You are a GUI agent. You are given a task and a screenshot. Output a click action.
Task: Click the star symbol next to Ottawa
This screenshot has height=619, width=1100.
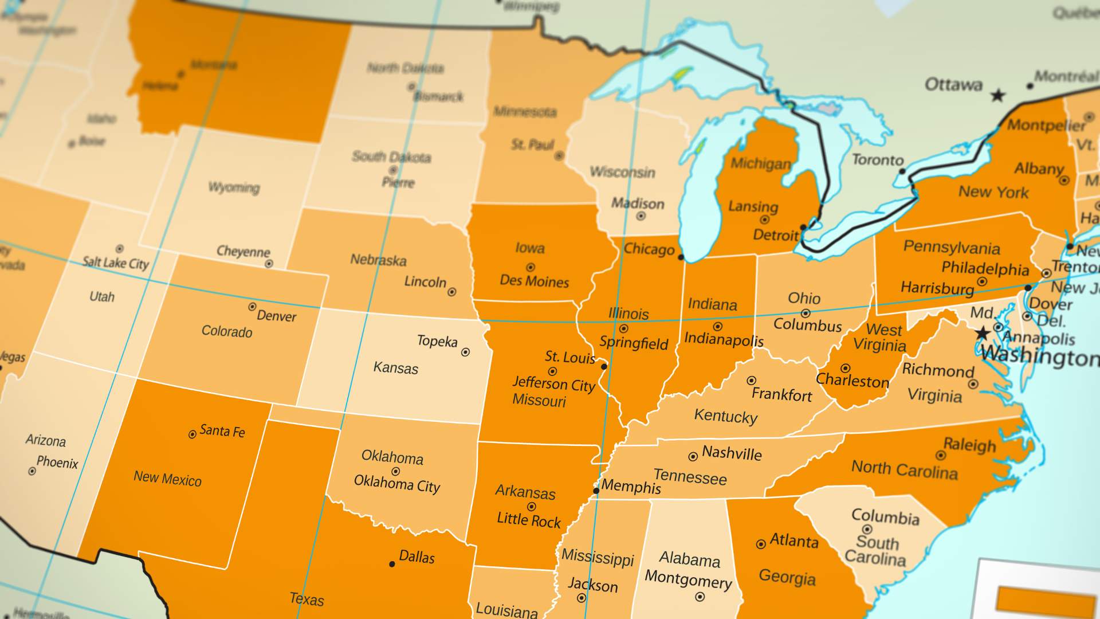(998, 95)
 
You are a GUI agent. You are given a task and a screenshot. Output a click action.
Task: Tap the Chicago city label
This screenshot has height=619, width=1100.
(649, 249)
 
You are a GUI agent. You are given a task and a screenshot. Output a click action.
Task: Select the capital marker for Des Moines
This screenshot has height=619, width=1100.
(531, 267)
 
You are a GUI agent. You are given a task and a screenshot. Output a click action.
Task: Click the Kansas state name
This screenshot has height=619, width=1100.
(395, 367)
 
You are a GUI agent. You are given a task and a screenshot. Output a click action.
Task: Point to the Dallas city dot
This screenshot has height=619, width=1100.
(392, 564)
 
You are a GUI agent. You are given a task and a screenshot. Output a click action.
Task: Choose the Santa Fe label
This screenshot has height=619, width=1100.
(222, 431)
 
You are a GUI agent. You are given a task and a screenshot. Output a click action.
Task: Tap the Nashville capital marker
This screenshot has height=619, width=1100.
(693, 457)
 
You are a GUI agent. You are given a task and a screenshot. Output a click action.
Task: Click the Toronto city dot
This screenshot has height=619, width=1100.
(902, 171)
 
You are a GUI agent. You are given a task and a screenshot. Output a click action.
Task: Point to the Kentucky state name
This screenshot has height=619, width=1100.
(725, 416)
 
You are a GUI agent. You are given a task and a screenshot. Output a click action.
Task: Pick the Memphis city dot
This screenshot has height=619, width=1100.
(596, 491)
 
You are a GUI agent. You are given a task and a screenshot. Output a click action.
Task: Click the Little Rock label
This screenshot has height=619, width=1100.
(528, 520)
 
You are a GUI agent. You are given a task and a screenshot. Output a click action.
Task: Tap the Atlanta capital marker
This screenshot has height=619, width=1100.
(761, 544)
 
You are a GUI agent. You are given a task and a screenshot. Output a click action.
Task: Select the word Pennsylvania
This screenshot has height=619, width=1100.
(952, 248)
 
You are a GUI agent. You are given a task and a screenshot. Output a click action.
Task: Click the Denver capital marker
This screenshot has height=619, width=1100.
(252, 307)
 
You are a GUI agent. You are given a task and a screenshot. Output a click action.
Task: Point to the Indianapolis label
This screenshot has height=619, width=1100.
(724, 339)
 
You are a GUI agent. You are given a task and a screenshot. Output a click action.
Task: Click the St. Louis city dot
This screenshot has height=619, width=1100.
(604, 366)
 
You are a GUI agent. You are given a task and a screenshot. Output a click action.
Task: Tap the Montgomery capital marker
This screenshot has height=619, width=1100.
(700, 597)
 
